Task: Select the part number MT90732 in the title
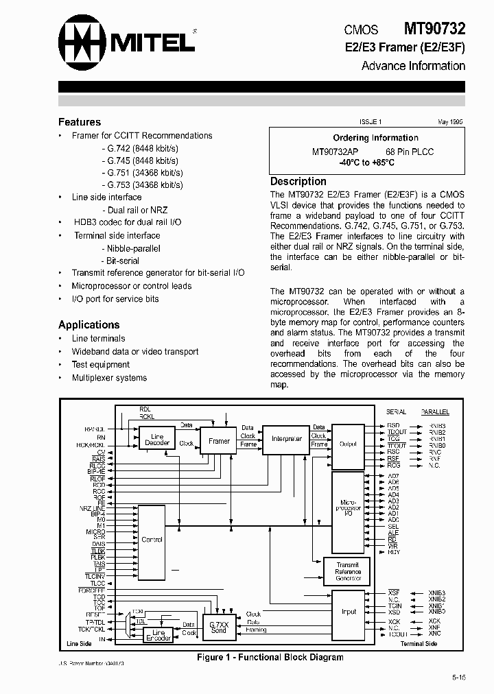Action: (x=434, y=29)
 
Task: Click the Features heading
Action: (x=80, y=122)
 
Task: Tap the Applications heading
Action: (x=89, y=324)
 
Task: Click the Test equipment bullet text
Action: (x=101, y=365)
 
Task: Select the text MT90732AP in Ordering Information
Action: (x=336, y=152)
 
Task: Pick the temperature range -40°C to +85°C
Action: (x=366, y=163)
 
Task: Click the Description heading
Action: (x=298, y=181)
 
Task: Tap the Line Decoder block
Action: (x=157, y=440)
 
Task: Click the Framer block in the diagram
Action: (x=219, y=441)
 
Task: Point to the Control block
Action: (x=152, y=540)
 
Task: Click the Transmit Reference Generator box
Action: (x=347, y=571)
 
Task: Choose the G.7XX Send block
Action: (x=219, y=627)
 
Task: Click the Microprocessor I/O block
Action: (x=348, y=508)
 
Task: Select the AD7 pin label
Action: (x=393, y=476)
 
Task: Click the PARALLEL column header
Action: (x=435, y=412)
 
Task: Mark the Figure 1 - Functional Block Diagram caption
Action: (x=270, y=657)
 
